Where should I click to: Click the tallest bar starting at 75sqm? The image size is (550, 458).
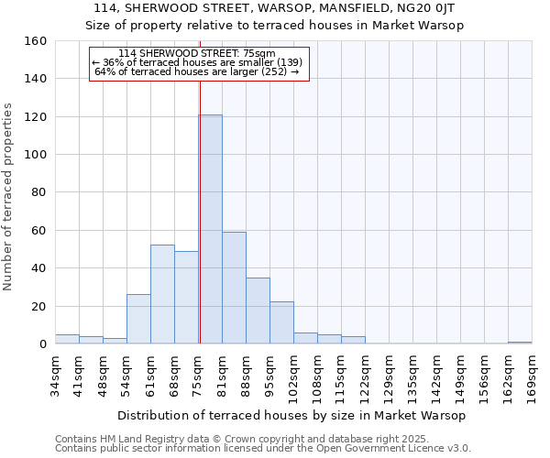point(210,229)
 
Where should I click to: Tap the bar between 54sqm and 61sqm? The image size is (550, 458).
point(138,319)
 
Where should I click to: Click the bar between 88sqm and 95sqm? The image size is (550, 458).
point(258,311)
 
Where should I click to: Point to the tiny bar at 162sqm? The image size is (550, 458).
point(520,343)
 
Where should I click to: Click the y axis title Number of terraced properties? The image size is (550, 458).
point(10,197)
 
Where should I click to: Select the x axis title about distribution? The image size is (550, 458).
point(292,416)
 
